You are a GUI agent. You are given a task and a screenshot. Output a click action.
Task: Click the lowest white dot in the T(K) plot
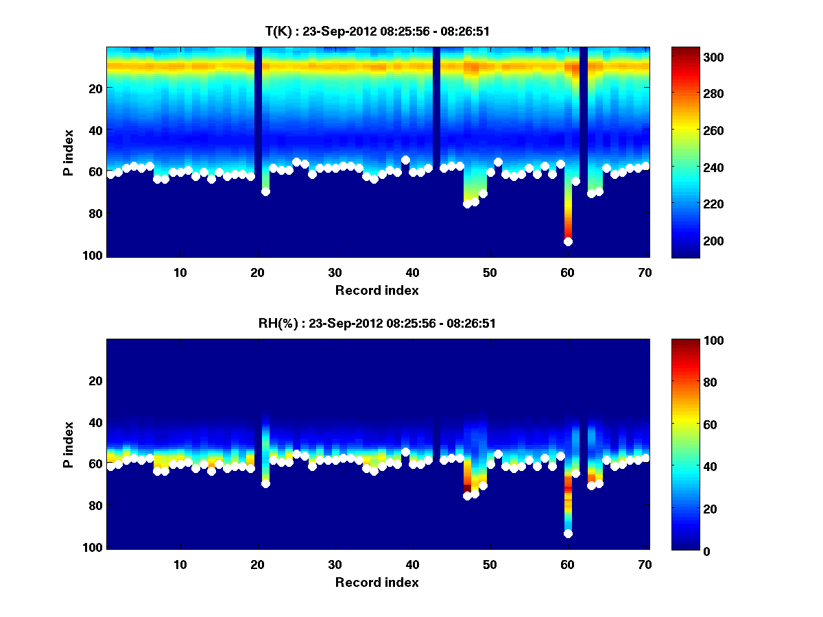pyautogui.click(x=568, y=241)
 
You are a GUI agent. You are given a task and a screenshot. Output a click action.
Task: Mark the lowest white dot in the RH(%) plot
pyautogui.click(x=568, y=533)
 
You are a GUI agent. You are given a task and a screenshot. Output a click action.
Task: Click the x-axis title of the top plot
pyautogui.click(x=377, y=290)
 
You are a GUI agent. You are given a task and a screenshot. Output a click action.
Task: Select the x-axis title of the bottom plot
pyautogui.click(x=377, y=582)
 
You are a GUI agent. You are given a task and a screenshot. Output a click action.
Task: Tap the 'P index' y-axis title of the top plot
pyautogui.click(x=69, y=152)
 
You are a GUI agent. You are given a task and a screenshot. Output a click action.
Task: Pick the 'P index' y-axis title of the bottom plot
pyautogui.click(x=69, y=444)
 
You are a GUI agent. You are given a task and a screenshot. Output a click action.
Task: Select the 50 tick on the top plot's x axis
pyautogui.click(x=490, y=272)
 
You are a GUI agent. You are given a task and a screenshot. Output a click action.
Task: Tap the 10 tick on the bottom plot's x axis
pyautogui.click(x=180, y=564)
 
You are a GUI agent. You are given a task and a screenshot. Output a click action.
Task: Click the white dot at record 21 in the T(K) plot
pyautogui.click(x=265, y=191)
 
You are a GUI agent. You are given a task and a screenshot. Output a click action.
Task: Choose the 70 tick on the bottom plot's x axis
pyautogui.click(x=645, y=564)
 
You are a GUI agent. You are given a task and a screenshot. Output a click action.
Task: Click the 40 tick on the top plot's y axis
pyautogui.click(x=96, y=130)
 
